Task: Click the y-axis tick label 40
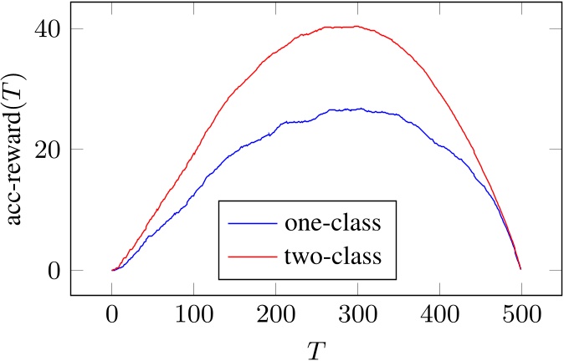[x=46, y=29]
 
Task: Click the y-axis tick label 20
[x=46, y=150]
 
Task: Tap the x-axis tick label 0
[x=112, y=316]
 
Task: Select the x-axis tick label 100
[x=193, y=316]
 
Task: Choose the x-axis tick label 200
[x=275, y=316]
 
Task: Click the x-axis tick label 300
[x=356, y=316]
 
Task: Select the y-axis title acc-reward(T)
[x=18, y=149]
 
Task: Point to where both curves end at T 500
[x=520, y=268]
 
